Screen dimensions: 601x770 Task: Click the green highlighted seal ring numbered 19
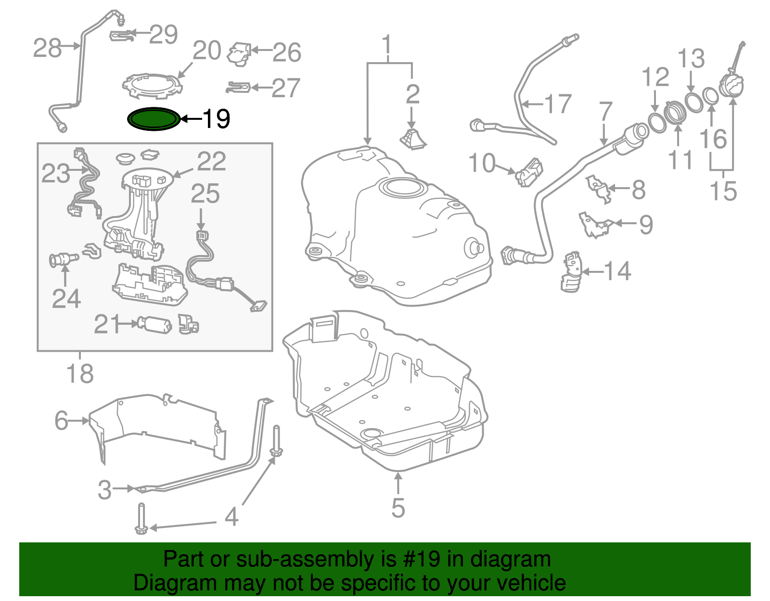[153, 119]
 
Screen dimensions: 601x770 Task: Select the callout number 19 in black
[217, 119]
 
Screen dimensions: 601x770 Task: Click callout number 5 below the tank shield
[398, 508]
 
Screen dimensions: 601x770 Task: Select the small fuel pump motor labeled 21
[154, 325]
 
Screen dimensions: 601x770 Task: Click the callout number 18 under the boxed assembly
[80, 374]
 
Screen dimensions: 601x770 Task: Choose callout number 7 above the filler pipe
[605, 112]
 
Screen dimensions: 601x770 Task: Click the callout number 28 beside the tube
[47, 48]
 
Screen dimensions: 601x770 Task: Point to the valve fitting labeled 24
[63, 260]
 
